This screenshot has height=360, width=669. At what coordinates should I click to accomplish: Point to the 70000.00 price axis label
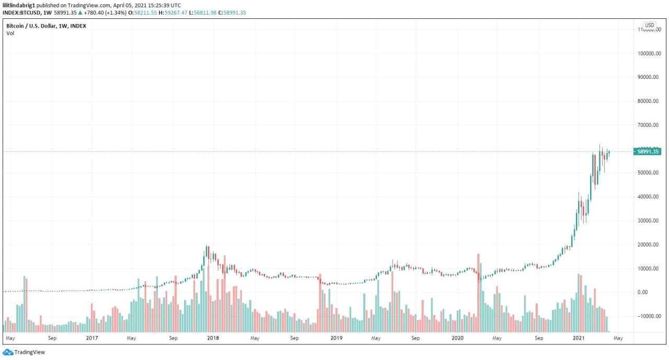pos(651,125)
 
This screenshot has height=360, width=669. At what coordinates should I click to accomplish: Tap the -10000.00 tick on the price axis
pos(650,316)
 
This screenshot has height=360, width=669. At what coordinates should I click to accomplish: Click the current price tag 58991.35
pos(649,152)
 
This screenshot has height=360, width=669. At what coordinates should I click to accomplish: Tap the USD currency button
pos(649,25)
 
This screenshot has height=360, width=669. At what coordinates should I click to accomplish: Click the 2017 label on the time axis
pos(92,338)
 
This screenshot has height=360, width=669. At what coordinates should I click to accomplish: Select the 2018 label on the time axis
pos(213,338)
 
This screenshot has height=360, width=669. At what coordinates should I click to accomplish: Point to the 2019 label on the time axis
pos(336,338)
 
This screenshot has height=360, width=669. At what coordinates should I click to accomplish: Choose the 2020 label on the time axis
pos(457,338)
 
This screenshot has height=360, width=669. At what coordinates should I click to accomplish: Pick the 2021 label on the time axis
pos(579,338)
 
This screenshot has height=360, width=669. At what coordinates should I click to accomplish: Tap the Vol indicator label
pos(10,33)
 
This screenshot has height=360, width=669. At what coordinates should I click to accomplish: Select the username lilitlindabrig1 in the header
pos(19,5)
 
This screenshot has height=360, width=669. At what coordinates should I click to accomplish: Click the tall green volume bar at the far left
pos(25,304)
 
